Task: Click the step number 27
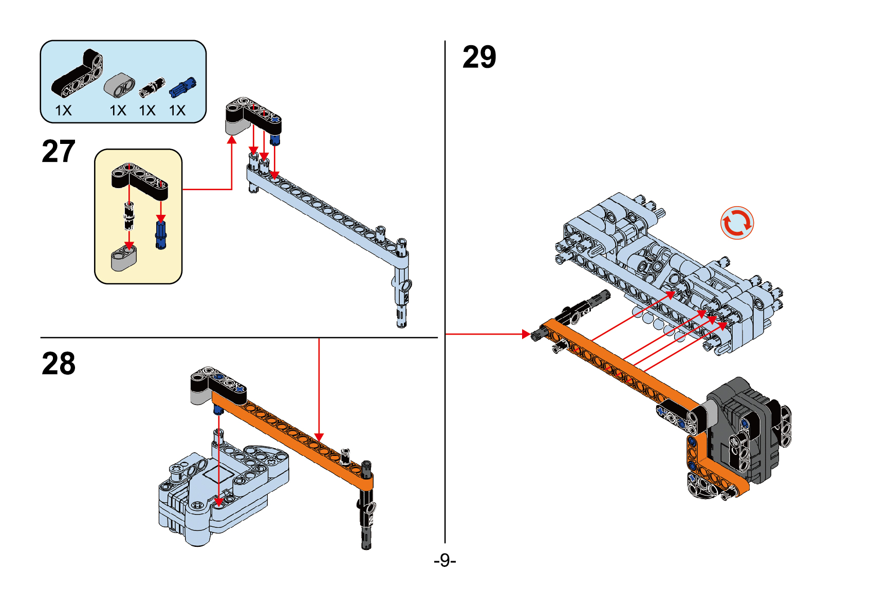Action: point(59,152)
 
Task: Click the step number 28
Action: point(59,364)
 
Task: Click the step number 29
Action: point(479,57)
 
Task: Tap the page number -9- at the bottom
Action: point(444,560)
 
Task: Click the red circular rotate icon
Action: point(737,223)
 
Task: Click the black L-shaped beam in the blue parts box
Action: point(77,75)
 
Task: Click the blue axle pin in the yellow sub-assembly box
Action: point(161,235)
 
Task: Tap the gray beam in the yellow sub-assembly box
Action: point(124,258)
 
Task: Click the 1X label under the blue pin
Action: point(177,111)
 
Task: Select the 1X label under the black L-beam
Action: point(64,111)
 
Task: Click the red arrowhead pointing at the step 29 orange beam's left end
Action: point(526,334)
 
